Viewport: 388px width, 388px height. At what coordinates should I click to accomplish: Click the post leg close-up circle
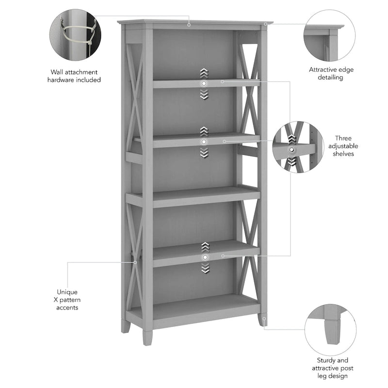pos(330,330)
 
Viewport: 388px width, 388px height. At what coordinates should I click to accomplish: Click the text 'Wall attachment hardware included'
pos(74,76)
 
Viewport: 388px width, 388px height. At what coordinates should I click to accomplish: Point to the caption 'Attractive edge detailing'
pos(331,73)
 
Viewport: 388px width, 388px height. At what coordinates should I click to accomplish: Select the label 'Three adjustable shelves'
pos(343,146)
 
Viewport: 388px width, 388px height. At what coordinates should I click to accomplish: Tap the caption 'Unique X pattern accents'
pos(67,300)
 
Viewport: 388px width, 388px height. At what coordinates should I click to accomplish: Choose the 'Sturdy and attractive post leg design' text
pos(332,368)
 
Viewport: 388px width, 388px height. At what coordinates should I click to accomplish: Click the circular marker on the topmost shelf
pos(204,84)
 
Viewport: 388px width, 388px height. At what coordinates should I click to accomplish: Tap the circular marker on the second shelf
pos(204,141)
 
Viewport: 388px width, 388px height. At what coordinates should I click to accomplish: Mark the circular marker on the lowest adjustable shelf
pos(205,257)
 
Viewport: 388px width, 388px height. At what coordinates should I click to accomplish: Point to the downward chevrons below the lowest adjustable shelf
pos(205,268)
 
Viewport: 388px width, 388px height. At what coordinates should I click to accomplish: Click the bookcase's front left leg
pos(147,333)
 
